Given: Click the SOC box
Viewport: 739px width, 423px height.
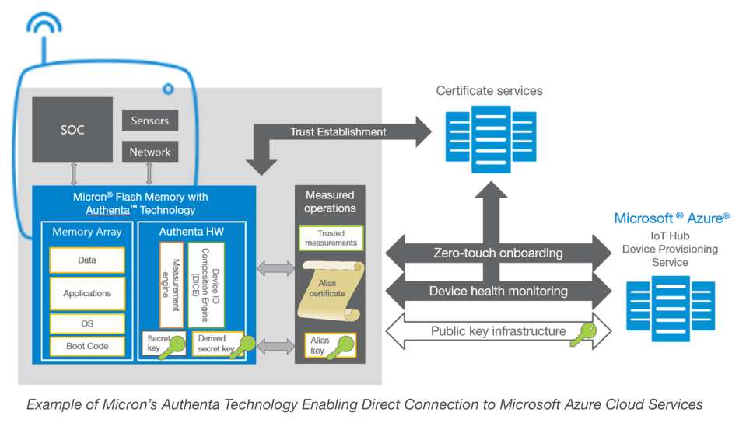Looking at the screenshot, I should (x=72, y=129).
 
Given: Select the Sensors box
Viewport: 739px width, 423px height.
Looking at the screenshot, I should (x=150, y=121).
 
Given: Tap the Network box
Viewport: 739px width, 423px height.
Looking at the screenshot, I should (x=150, y=152).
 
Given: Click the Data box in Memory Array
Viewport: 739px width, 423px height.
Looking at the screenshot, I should (x=87, y=260).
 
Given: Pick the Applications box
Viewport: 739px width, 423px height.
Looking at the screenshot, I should (x=87, y=293).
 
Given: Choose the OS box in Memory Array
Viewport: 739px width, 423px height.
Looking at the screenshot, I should (x=87, y=323).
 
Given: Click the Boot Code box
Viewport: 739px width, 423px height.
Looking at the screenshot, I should (x=87, y=346).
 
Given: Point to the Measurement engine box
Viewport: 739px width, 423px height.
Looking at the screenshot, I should (x=172, y=285).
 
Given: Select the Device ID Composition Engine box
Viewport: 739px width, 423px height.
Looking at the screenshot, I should (x=207, y=285).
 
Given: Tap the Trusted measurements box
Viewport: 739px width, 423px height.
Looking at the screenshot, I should (x=331, y=238).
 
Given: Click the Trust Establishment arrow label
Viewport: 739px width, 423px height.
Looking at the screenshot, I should (x=338, y=131).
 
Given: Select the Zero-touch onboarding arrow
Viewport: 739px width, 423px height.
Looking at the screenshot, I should (x=498, y=252).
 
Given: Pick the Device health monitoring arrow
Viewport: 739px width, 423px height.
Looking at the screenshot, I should (x=498, y=292).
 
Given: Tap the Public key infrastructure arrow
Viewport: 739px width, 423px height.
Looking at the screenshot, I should (x=498, y=331).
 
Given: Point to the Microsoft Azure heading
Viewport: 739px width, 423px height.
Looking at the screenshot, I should (x=671, y=218).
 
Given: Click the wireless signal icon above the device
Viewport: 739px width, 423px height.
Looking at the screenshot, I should (x=44, y=26).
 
